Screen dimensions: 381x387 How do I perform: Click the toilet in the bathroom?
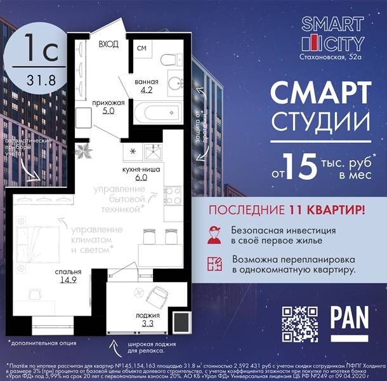point(169,61)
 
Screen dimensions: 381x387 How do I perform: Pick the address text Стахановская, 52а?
point(332,57)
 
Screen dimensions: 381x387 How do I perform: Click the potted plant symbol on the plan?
point(82,151)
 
